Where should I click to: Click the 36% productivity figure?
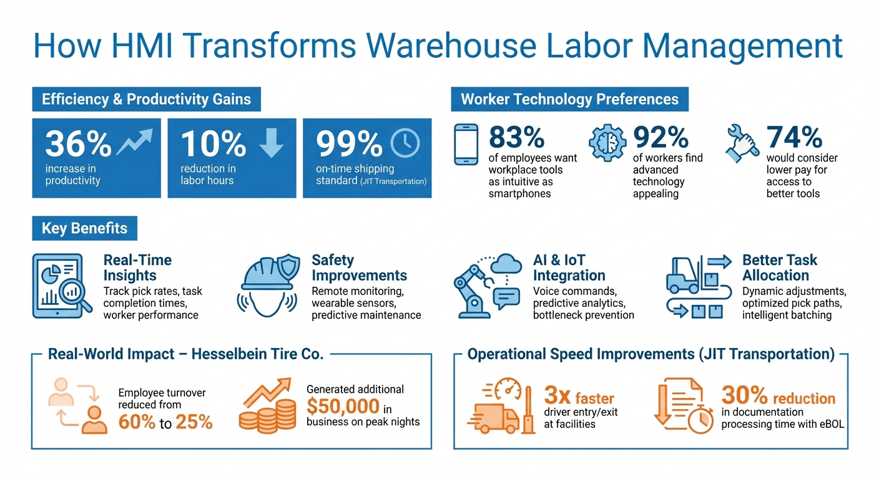[x=78, y=144]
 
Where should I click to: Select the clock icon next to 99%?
[x=405, y=143]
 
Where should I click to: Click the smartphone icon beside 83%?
[x=466, y=144]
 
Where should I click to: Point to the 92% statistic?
[x=660, y=137]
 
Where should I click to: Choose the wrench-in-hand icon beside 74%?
[x=743, y=141]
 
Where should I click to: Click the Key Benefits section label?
[x=84, y=228]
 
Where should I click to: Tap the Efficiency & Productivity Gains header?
[x=146, y=99]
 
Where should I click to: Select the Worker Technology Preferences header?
[x=569, y=99]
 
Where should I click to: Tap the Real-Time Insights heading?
[x=137, y=268]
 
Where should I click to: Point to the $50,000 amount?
[x=343, y=406]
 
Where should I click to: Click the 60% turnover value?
[x=137, y=422]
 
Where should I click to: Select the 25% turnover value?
[x=194, y=422]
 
